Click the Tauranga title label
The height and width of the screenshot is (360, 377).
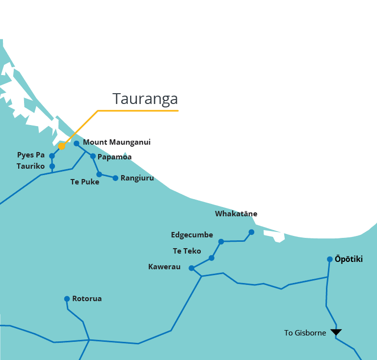coord(145,99)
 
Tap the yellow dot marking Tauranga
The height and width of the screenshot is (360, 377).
coord(61,146)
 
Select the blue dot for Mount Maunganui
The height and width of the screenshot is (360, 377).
coord(77,143)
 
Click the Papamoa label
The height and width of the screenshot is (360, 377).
coord(114,157)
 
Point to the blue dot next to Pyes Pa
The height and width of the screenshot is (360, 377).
coord(52,156)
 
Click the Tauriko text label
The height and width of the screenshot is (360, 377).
coord(30,166)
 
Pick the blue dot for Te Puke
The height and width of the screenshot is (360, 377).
coord(99,174)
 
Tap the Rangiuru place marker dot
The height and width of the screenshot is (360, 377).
coord(115,178)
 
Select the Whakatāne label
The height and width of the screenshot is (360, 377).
coord(236,214)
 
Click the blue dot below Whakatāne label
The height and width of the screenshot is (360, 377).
coord(251,232)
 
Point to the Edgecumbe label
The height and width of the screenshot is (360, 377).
coord(192,235)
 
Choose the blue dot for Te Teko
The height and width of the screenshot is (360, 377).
coord(212,258)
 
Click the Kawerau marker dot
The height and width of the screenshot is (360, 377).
coord(191,268)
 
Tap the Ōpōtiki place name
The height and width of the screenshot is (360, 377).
coord(349,259)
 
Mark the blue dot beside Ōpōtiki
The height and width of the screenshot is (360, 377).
coord(330,259)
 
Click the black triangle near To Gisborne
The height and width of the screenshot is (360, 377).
coord(336,332)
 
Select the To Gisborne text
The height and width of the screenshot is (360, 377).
coord(305,333)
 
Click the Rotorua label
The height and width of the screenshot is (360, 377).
coord(87,299)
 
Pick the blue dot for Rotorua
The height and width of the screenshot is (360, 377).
coord(67,299)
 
